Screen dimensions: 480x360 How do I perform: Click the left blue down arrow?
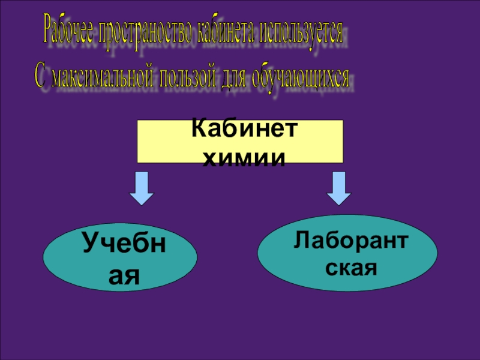(142, 188)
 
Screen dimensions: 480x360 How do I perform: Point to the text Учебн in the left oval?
(124, 245)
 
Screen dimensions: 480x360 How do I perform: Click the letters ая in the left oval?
(124, 275)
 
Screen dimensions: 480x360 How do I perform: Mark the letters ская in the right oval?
(351, 266)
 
